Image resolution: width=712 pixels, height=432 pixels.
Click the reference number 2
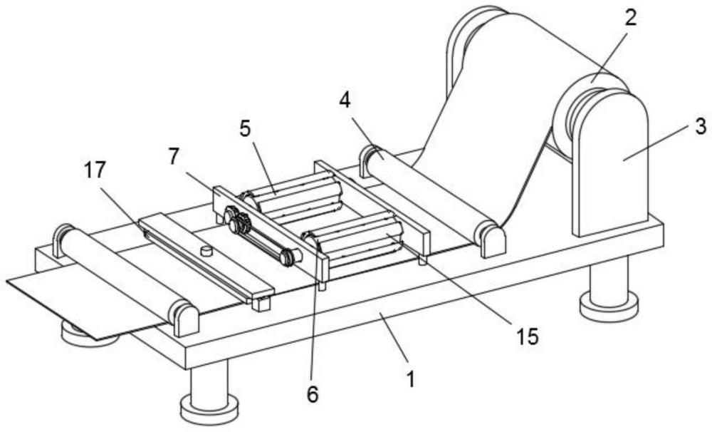[x=630, y=19]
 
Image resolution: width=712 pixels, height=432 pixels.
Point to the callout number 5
[x=245, y=129]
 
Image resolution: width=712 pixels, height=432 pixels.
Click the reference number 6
[x=313, y=394]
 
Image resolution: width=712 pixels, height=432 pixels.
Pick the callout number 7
[x=174, y=157]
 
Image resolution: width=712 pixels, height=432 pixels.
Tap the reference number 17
[x=95, y=170]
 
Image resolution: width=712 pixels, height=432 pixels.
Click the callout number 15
[x=527, y=336]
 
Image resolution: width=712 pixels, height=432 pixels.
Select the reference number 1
[x=411, y=379]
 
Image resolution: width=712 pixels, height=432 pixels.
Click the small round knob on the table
[x=207, y=250]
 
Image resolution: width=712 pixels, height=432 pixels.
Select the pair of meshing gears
[x=236, y=219]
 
